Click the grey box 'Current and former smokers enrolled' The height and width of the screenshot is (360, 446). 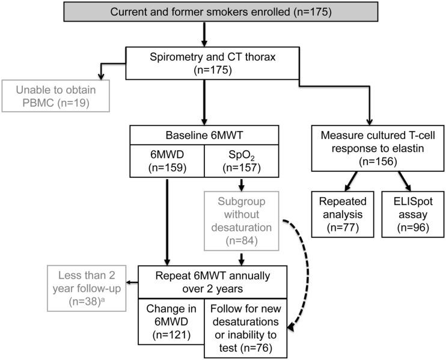(223, 12)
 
